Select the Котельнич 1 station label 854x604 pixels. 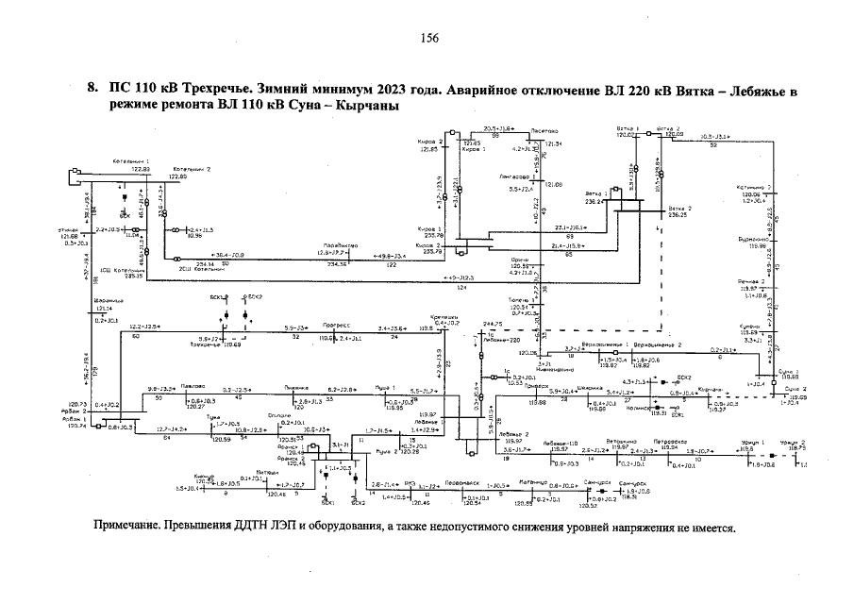coord(131,161)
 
